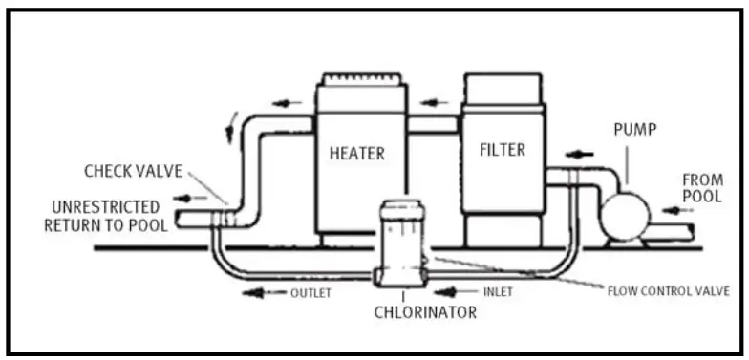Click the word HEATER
click(x=358, y=152)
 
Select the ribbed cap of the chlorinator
click(x=402, y=209)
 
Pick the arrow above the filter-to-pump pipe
click(x=580, y=151)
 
